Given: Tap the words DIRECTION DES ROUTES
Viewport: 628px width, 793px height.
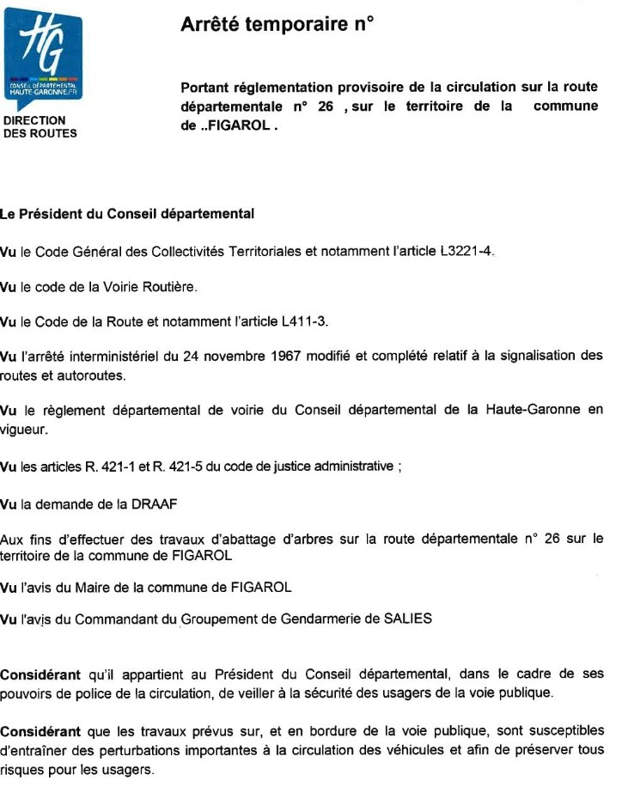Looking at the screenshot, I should (x=40, y=127).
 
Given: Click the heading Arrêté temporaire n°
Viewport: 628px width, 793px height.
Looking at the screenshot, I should (x=277, y=25).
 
